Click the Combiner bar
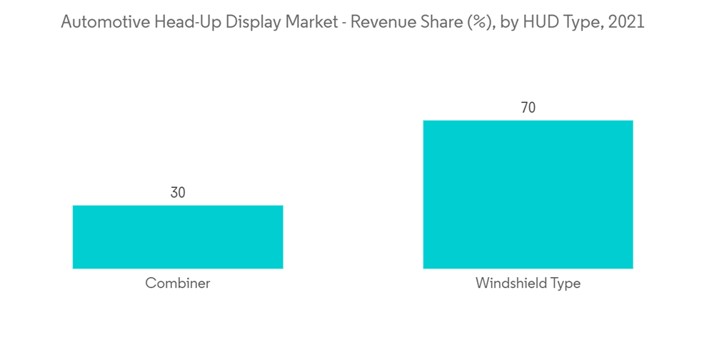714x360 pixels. pos(178,236)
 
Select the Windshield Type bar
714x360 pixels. pos(528,194)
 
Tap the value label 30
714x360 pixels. pos(178,192)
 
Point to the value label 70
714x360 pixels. pos(528,108)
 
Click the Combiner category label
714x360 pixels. pos(178,284)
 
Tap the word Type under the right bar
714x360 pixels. pos(565,284)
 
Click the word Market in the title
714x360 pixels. pos(291,22)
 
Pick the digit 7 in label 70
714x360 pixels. pos(524,108)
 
